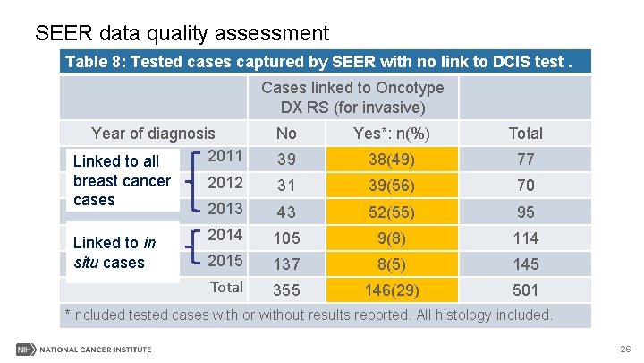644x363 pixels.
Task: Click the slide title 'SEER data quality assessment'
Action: pyautogui.click(x=182, y=34)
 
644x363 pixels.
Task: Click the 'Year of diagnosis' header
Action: pyautogui.click(x=153, y=133)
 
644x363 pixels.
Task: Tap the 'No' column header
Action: pyautogui.click(x=286, y=133)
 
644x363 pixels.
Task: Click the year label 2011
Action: pyautogui.click(x=225, y=156)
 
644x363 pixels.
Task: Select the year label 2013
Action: pyautogui.click(x=225, y=209)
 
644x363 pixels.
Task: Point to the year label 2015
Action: pyautogui.click(x=225, y=261)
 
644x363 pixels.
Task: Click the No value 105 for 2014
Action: pyautogui.click(x=286, y=238)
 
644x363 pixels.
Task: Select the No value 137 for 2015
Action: pyautogui.click(x=286, y=264)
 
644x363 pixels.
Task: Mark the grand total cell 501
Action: pyautogui.click(x=525, y=290)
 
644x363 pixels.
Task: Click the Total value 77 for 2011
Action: pyautogui.click(x=525, y=160)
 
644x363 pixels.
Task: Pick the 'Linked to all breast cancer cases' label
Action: pyautogui.click(x=122, y=180)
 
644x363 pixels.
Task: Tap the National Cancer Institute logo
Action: pyautogui.click(x=84, y=349)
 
